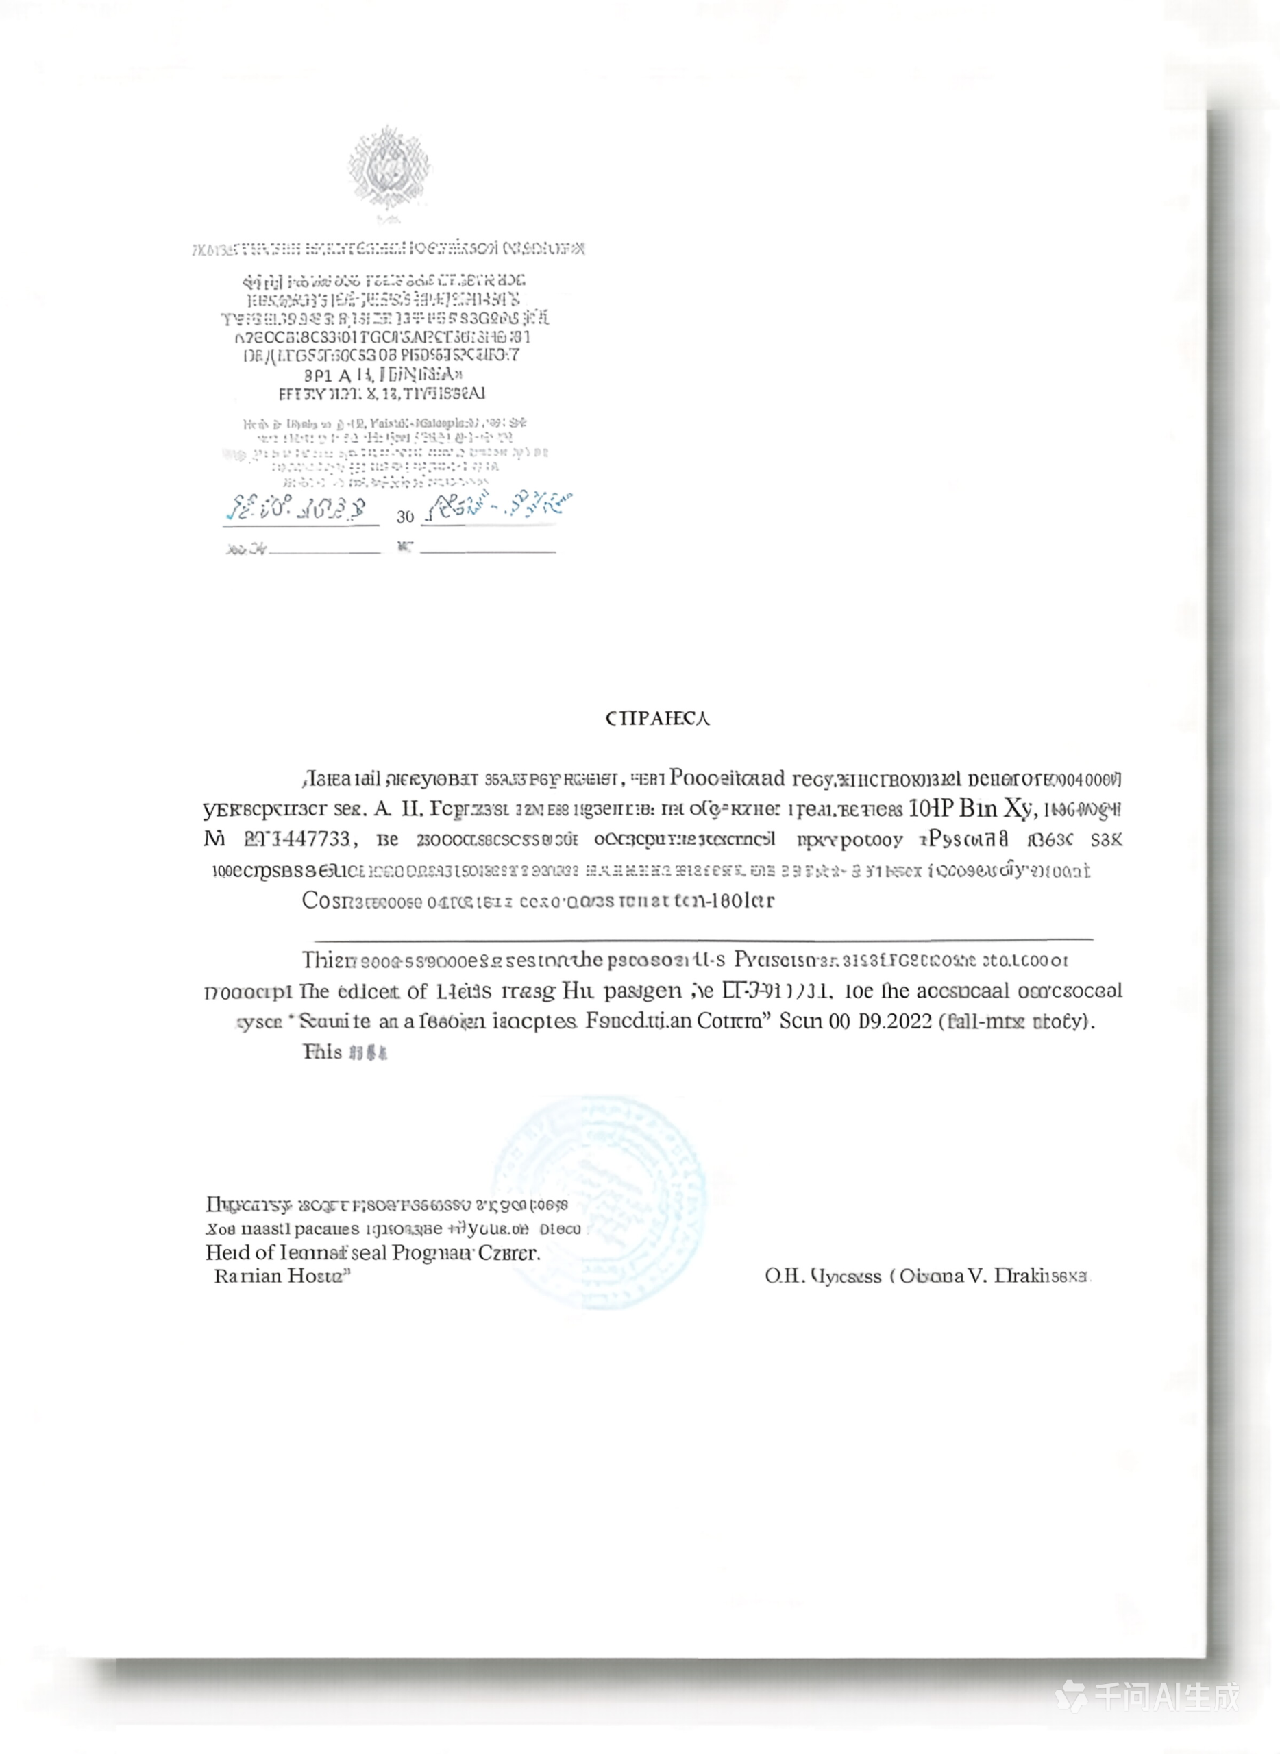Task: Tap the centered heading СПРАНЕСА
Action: pos(657,718)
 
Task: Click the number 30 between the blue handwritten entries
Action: pos(405,517)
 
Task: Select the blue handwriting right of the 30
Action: pos(502,507)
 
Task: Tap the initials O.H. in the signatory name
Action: pos(784,1276)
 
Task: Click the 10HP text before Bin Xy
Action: pos(930,808)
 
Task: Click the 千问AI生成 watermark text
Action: pos(1167,1696)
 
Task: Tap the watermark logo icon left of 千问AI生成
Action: pos(1073,1696)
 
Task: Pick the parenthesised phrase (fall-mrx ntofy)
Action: pos(1017,1021)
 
